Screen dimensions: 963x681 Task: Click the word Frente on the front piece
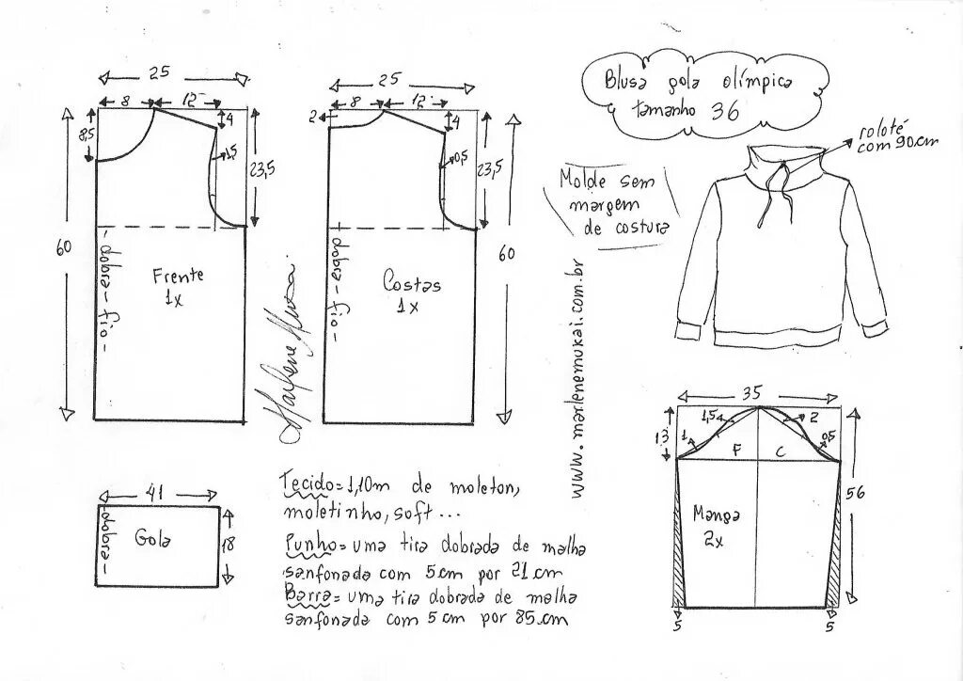[178, 276]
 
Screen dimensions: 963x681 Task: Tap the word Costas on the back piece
[412, 281]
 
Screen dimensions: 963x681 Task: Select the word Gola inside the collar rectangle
[151, 539]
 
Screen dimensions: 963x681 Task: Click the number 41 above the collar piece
[159, 492]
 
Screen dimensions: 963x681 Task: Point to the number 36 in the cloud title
[722, 109]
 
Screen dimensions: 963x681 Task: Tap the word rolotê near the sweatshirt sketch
[879, 130]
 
